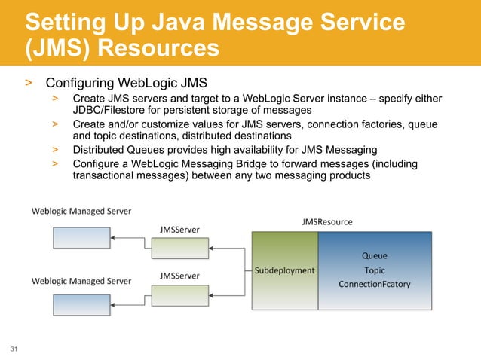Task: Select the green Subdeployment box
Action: [x=284, y=270]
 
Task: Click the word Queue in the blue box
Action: [x=375, y=255]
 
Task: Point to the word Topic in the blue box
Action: [x=375, y=270]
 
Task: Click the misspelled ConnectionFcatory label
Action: [x=375, y=284]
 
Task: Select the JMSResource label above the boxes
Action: [x=326, y=221]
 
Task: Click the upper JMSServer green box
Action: [x=175, y=248]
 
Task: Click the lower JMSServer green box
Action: [x=175, y=295]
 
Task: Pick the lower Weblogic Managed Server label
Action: [x=81, y=281]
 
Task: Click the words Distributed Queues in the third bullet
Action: [x=117, y=150]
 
